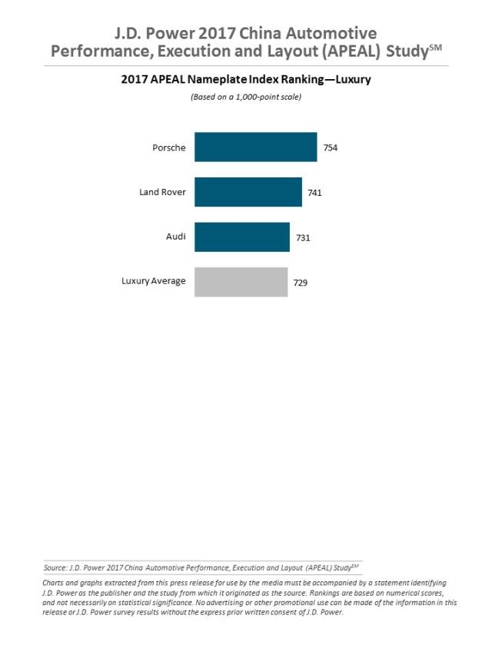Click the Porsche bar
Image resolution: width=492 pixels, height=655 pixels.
coord(255,147)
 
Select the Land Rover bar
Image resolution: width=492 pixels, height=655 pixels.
coord(248,192)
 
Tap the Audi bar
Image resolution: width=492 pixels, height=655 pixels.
coord(241,237)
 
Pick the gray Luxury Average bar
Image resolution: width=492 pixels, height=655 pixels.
coord(241,282)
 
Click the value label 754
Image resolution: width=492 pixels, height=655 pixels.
coord(330,147)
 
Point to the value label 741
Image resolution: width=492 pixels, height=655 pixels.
coord(314,193)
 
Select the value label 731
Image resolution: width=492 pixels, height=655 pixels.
coord(303,238)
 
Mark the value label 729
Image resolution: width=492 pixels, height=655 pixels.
coord(301,283)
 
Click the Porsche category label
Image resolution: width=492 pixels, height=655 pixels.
coord(168,147)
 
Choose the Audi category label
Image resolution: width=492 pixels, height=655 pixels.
coord(175,237)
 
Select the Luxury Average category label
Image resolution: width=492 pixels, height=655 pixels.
coord(154,281)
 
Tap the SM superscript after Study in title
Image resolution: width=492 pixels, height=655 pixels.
coord(435,47)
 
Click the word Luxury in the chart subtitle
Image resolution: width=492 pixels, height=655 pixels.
coord(349,79)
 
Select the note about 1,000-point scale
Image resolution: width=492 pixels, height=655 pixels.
coord(245,97)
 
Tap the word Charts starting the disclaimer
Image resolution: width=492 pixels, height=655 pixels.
coord(55,583)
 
